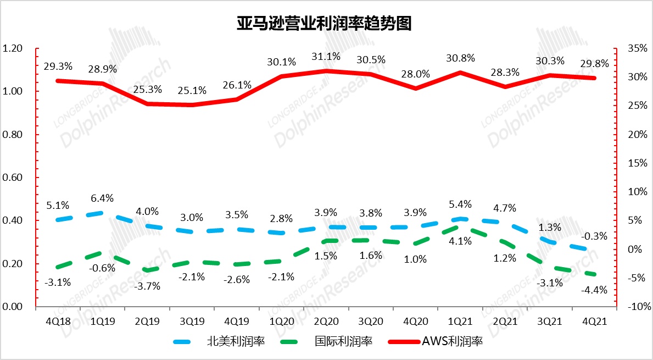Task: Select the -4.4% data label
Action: [594, 290]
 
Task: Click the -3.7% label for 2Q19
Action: [148, 286]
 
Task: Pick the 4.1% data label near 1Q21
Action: [460, 240]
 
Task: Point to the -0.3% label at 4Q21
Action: [594, 236]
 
